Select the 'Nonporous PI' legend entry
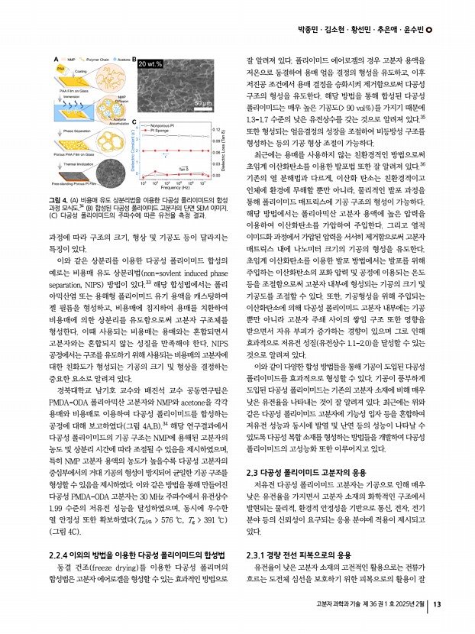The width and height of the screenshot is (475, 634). point(161,123)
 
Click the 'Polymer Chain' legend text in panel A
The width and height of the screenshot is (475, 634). point(98,57)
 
